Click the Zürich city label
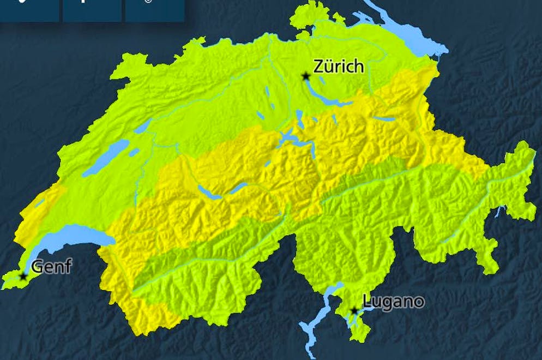pyautogui.click(x=338, y=67)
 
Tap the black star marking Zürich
pyautogui.click(x=306, y=76)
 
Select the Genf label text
pyautogui.click(x=51, y=267)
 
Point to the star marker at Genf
pyautogui.click(x=23, y=277)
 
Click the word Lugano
pyautogui.click(x=393, y=301)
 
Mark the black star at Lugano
pyautogui.click(x=354, y=310)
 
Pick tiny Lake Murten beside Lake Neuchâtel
pyautogui.click(x=134, y=152)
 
